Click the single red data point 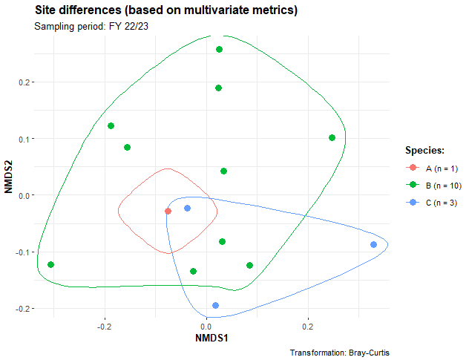(x=168, y=212)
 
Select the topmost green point (x=219, y=50)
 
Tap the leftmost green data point (x=50, y=265)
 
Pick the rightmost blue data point (x=373, y=244)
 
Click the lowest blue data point (x=215, y=305)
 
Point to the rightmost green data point (x=332, y=138)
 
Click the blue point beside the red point (x=187, y=209)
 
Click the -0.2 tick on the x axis (x=104, y=325)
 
